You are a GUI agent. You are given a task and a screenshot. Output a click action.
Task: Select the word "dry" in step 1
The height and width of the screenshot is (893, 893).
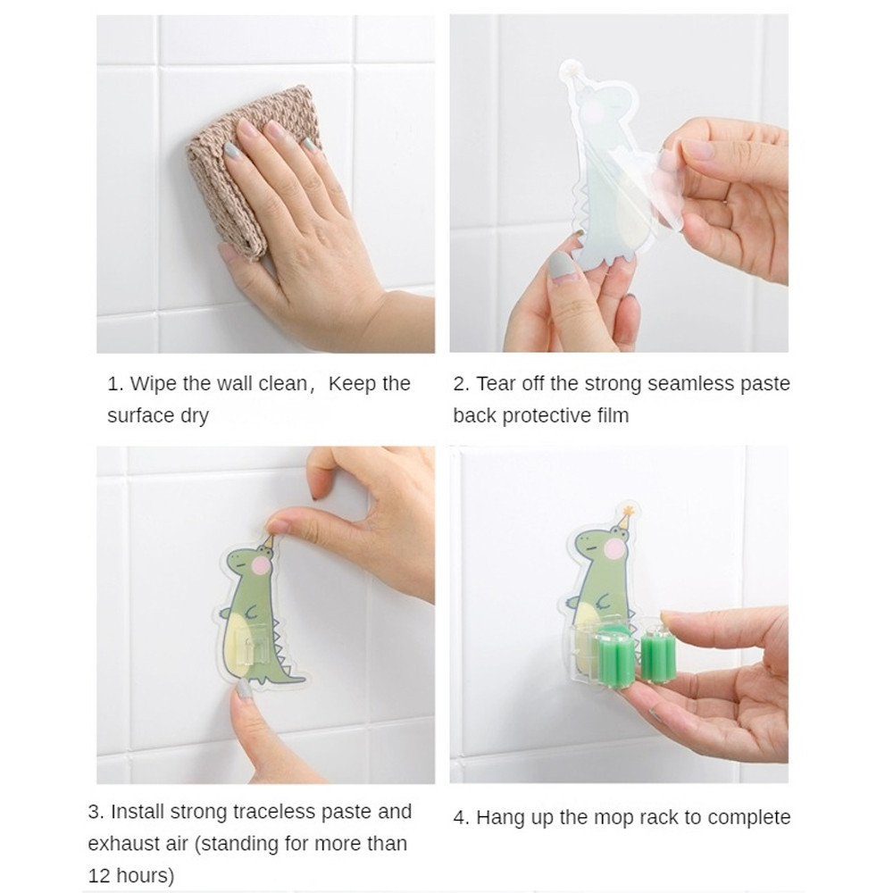click(194, 416)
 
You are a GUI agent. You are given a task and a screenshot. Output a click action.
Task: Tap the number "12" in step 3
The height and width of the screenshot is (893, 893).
click(99, 875)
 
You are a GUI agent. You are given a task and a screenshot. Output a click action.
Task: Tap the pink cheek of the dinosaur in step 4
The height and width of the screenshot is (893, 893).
click(615, 549)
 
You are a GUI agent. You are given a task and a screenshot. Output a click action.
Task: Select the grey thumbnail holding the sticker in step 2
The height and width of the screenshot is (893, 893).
click(561, 266)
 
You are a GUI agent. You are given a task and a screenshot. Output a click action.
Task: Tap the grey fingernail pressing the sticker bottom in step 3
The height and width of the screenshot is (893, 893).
click(244, 689)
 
